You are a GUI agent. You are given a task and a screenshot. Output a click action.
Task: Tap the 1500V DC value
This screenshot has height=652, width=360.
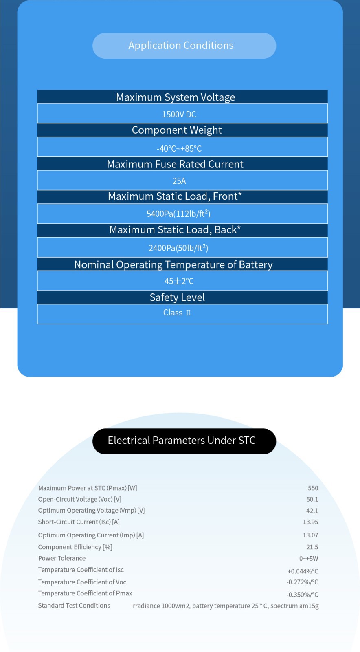[x=179, y=115]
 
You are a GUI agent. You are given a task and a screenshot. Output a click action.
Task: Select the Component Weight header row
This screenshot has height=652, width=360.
[x=177, y=130]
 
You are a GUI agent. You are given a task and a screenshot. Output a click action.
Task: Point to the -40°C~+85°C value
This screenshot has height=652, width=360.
[x=179, y=149]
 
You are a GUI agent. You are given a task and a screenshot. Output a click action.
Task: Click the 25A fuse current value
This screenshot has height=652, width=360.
[x=179, y=181]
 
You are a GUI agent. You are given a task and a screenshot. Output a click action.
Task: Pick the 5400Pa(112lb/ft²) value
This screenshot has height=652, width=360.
[x=178, y=214]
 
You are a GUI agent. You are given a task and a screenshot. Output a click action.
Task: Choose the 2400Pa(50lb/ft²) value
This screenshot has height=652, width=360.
[x=178, y=248]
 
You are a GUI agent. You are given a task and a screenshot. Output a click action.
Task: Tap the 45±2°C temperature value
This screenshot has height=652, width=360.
[x=179, y=281]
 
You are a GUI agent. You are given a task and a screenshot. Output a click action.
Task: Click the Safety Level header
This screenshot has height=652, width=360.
[x=177, y=297]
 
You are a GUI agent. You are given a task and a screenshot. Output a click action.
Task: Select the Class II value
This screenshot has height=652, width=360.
[x=177, y=313]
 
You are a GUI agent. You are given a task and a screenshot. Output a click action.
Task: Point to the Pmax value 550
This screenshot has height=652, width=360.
[x=313, y=488]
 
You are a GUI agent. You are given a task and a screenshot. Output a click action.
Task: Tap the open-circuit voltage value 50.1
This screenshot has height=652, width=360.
[x=312, y=500]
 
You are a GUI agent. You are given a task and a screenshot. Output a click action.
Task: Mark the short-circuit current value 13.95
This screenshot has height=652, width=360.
[x=310, y=522]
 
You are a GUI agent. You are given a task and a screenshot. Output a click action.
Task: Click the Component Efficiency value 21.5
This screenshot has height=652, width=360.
[x=312, y=547]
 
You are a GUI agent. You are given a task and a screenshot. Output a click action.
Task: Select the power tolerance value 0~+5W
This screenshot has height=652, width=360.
[x=309, y=559]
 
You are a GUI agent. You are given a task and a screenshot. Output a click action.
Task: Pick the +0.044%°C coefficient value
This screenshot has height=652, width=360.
[x=303, y=571]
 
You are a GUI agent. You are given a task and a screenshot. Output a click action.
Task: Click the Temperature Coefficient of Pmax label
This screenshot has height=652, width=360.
[x=85, y=593]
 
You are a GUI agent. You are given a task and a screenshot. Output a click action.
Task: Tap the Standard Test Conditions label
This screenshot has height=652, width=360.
[x=74, y=606]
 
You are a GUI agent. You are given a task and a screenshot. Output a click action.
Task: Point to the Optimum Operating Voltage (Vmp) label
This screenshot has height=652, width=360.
[x=91, y=511]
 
